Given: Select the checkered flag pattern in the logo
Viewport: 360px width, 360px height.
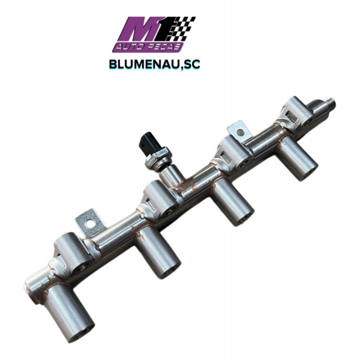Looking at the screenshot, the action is [x=184, y=28].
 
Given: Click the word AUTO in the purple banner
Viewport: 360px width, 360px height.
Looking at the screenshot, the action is [x=128, y=47].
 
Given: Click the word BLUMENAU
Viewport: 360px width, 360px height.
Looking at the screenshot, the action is [x=144, y=65].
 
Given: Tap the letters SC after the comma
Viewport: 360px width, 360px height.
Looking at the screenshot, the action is [x=191, y=65].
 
